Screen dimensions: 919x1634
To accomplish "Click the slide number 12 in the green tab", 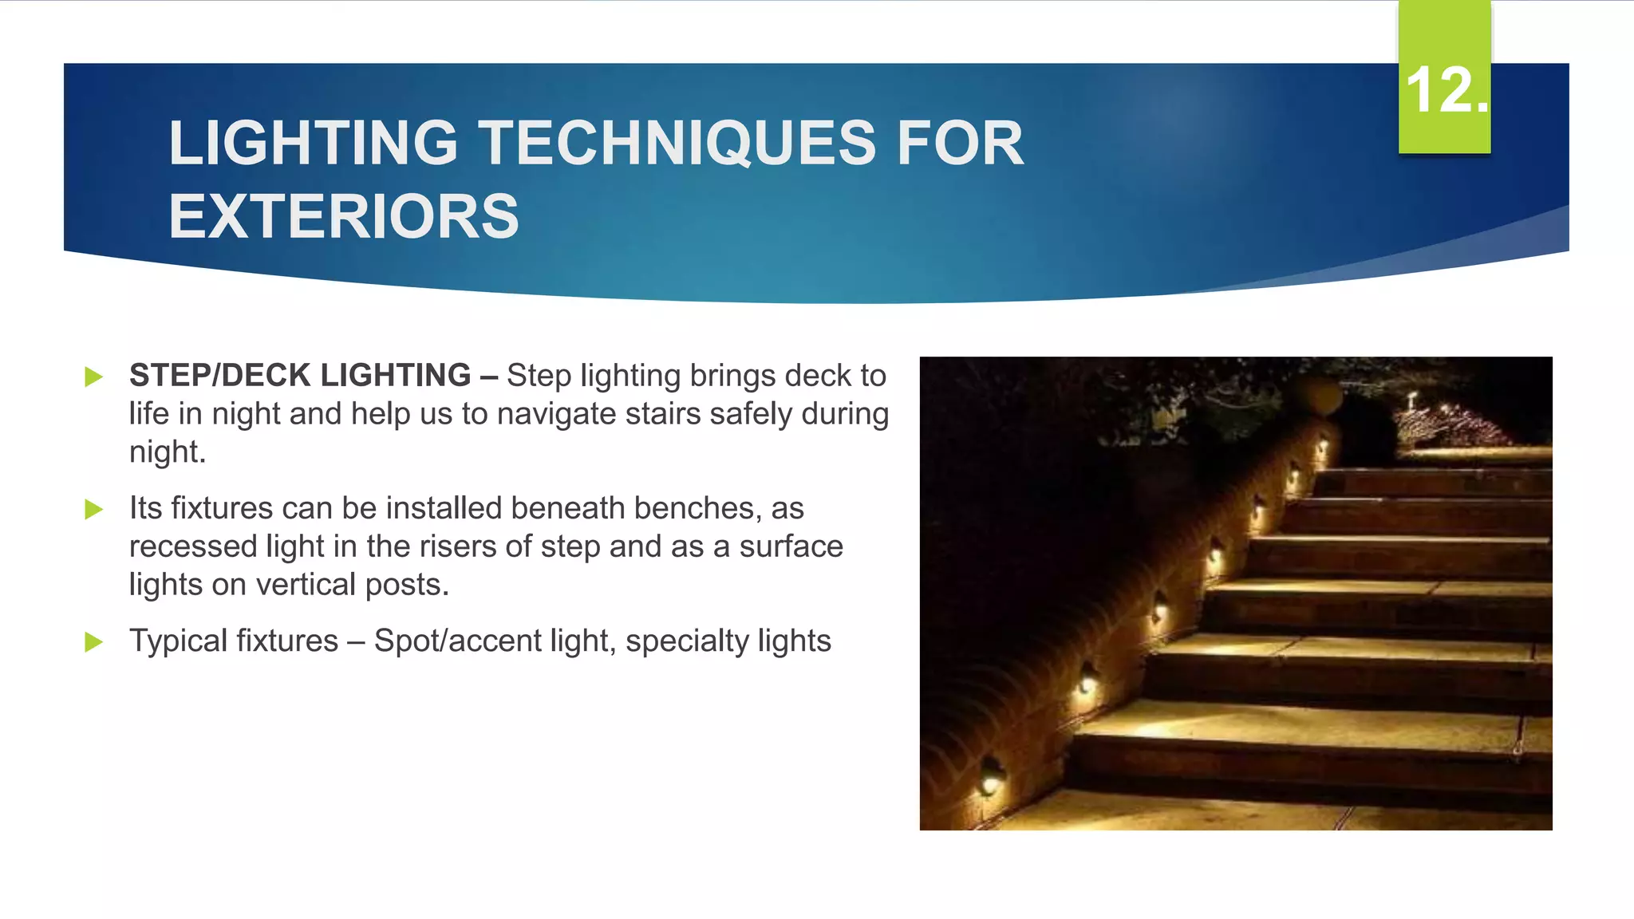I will point(1444,89).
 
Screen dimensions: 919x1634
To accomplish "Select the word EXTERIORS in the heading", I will point(344,217).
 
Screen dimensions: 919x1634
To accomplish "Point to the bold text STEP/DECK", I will point(220,376).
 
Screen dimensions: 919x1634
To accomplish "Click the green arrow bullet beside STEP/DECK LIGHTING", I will point(94,377).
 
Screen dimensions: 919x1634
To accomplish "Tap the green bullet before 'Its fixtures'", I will point(94,509).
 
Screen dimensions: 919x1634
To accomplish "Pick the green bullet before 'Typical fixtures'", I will point(94,641).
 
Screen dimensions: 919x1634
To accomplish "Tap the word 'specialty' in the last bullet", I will point(687,641).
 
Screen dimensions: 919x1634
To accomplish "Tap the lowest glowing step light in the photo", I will point(990,781).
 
